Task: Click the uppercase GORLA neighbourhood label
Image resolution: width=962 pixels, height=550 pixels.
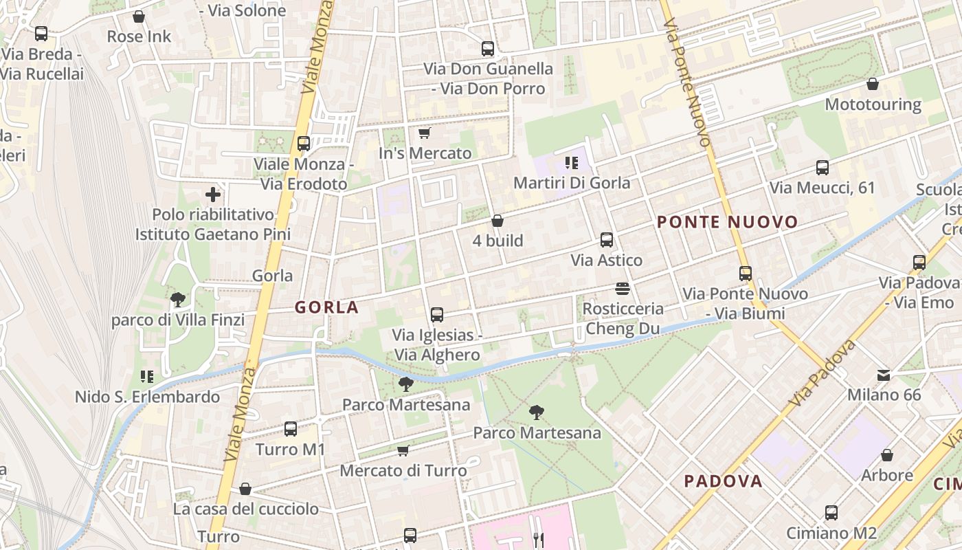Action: click(327, 307)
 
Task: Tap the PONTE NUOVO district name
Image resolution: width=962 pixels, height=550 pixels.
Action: click(727, 222)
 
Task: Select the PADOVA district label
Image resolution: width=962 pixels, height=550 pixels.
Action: click(723, 481)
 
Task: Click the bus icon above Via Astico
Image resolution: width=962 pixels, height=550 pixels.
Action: click(607, 240)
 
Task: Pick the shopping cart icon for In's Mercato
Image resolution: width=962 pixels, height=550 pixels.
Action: click(425, 133)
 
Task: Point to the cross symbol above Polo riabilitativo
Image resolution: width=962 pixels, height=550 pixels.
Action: click(213, 195)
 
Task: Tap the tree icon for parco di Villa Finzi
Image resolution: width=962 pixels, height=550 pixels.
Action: click(178, 300)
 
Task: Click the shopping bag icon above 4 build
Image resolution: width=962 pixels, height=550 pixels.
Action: click(497, 221)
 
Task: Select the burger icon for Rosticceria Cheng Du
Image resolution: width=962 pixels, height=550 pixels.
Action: click(623, 288)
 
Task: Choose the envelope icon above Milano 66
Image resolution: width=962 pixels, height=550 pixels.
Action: click(884, 375)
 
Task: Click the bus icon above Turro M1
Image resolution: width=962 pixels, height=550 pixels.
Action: click(291, 429)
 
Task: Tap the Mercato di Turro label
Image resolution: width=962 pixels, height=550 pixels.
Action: click(403, 471)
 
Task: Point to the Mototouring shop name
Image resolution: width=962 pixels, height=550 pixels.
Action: click(873, 104)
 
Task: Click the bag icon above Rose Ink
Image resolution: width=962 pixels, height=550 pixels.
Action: click(139, 16)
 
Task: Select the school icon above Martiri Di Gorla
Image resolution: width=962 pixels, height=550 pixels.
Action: click(571, 163)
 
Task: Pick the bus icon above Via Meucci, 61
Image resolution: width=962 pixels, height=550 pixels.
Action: click(823, 167)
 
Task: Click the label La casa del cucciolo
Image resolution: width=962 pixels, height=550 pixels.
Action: click(246, 509)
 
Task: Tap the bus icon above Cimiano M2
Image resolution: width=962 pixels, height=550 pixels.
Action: click(831, 513)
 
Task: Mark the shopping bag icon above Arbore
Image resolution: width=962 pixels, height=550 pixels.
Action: click(887, 455)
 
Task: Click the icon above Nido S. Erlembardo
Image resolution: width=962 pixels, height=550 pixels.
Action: click(146, 376)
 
